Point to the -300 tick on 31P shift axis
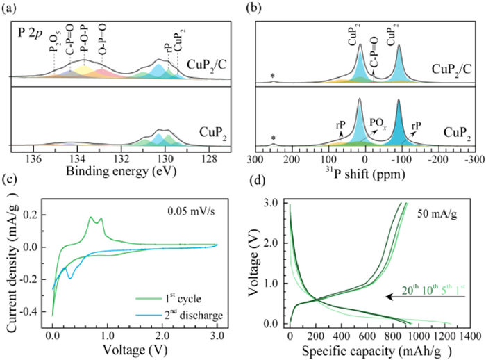tap(474, 159)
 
